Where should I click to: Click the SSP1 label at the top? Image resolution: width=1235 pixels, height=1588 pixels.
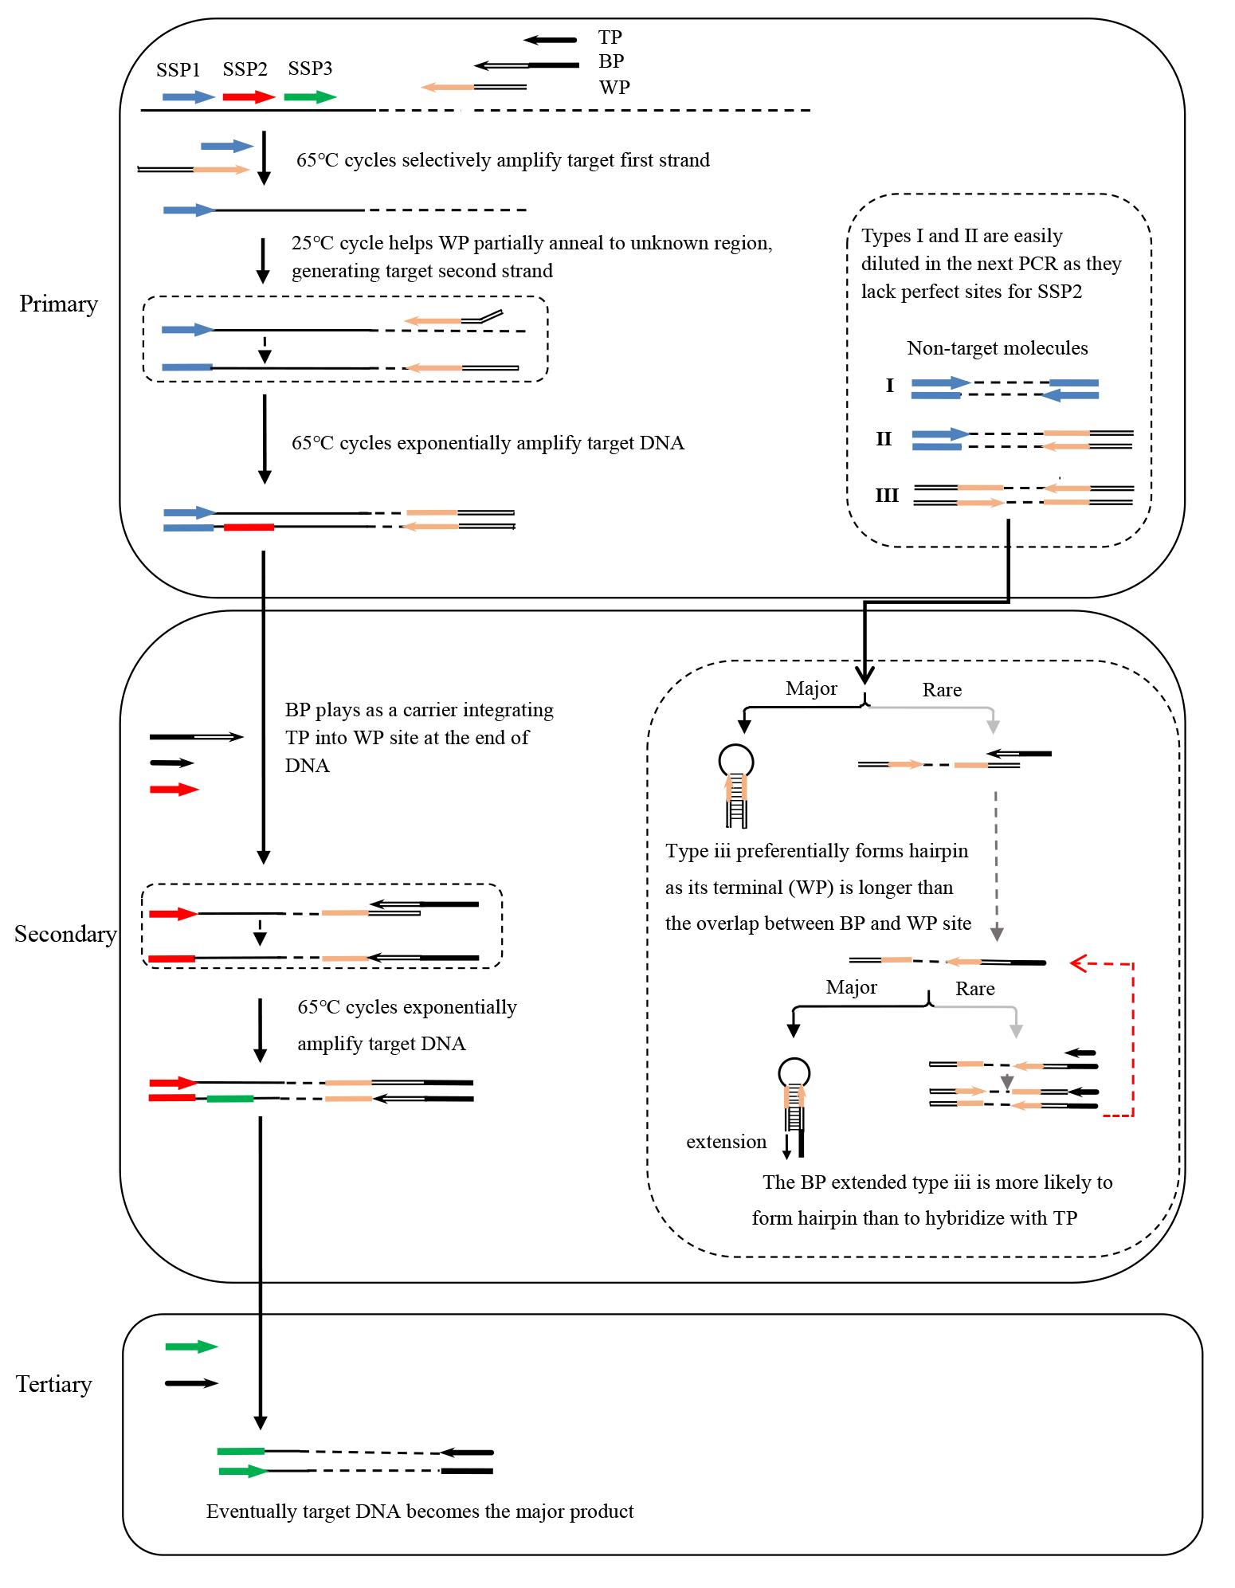pyautogui.click(x=178, y=70)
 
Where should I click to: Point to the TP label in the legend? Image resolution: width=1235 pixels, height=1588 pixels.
pyautogui.click(x=610, y=37)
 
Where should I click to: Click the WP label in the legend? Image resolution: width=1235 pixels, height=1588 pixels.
pyautogui.click(x=614, y=88)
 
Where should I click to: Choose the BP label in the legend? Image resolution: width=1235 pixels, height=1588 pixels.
pyautogui.click(x=611, y=61)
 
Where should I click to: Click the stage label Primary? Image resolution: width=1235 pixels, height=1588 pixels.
pyautogui.click(x=58, y=304)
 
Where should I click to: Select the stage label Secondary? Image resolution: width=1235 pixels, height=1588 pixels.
pyautogui.click(x=65, y=934)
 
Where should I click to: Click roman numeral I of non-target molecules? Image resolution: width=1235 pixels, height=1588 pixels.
pyautogui.click(x=889, y=386)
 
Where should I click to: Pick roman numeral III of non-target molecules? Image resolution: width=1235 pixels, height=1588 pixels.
pyautogui.click(x=887, y=496)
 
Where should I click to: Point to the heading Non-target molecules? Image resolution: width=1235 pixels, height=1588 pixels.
pyautogui.click(x=997, y=348)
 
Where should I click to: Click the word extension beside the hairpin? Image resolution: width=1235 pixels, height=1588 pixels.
pyautogui.click(x=726, y=1142)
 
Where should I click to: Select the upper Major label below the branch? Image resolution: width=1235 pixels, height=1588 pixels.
pyautogui.click(x=811, y=688)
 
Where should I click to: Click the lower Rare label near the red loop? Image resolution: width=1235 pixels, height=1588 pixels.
pyautogui.click(x=974, y=989)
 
